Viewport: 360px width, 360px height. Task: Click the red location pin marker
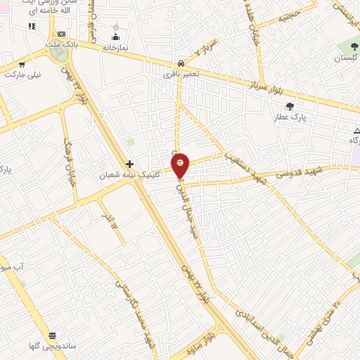tap(181, 166)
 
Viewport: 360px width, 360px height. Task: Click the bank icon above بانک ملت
tap(62, 34)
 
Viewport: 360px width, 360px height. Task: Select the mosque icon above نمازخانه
tap(115, 37)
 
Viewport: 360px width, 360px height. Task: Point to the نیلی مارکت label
tap(24, 72)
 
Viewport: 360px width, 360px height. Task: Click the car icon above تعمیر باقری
tap(181, 63)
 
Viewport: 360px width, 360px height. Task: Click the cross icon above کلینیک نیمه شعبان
tap(129, 163)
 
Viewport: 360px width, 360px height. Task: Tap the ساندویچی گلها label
tap(51, 347)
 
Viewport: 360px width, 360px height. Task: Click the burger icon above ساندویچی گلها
tap(51, 336)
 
